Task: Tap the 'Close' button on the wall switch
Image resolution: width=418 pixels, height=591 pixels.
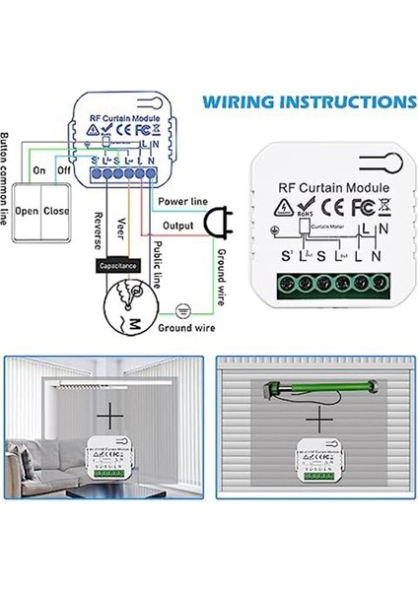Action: [56, 211]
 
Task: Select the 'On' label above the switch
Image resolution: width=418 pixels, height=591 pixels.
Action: [40, 169]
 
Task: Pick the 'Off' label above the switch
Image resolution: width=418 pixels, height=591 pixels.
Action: [65, 169]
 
